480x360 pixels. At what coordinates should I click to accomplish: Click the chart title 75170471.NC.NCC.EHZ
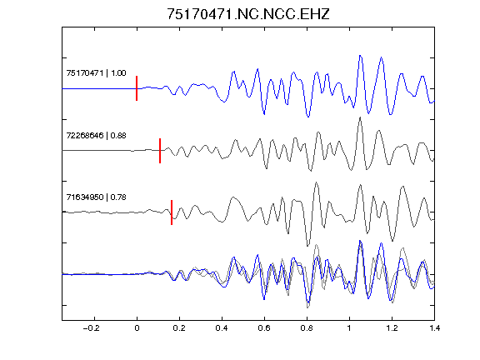click(248, 14)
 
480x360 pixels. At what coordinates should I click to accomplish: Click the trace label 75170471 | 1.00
click(96, 73)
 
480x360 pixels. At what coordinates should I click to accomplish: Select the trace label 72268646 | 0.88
click(96, 135)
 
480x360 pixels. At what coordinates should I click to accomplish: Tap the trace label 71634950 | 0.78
click(96, 197)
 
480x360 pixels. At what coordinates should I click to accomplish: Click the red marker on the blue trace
click(137, 88)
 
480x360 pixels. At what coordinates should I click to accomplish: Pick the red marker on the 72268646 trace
click(160, 151)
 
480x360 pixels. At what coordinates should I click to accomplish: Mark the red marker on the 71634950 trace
click(172, 212)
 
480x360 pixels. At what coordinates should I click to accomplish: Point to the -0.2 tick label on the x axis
click(91, 328)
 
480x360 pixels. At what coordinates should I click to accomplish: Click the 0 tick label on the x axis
click(137, 328)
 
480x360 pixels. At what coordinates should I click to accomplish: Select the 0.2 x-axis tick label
click(179, 328)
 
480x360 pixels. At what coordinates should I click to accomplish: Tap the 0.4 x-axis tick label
click(222, 328)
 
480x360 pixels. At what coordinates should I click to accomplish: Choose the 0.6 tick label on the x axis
click(264, 328)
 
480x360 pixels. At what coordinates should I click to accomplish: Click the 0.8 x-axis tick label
click(307, 328)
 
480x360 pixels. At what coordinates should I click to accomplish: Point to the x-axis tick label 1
click(349, 328)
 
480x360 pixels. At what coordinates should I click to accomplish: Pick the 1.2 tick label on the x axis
click(392, 328)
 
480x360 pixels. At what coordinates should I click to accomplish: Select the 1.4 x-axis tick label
click(434, 328)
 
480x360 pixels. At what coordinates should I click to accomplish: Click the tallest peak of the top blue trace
click(360, 56)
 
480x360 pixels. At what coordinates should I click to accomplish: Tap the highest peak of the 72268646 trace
click(360, 117)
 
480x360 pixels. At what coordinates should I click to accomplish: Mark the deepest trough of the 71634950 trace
click(307, 246)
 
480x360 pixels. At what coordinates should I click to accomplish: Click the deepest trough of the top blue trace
click(308, 117)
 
